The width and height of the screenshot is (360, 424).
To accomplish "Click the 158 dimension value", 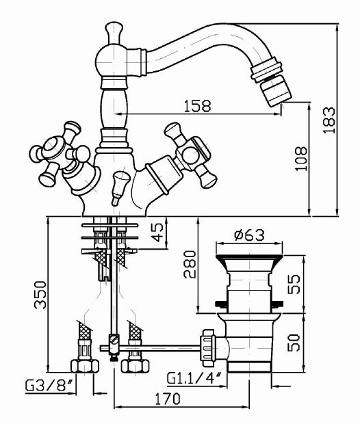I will click(x=196, y=106).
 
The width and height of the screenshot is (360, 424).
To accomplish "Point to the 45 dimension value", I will click(x=158, y=233).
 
